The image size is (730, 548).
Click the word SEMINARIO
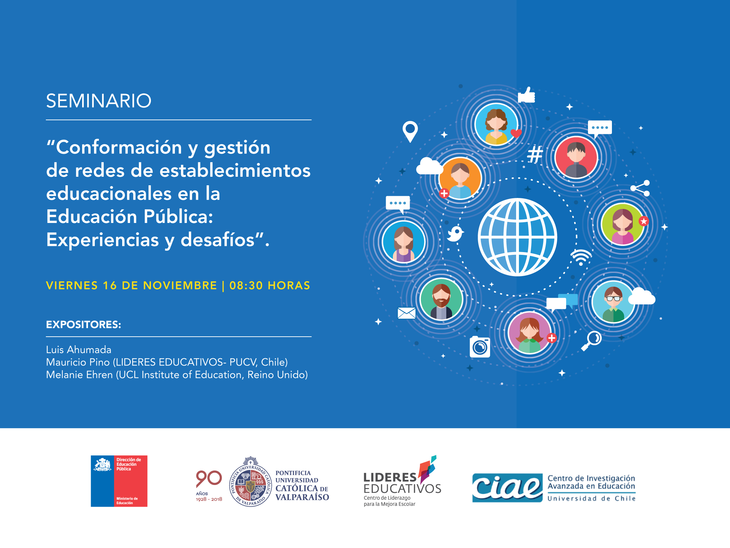[99, 101]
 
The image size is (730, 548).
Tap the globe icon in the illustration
[517, 237]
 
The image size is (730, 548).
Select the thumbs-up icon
[526, 95]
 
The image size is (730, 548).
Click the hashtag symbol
[535, 154]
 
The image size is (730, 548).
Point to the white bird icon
[456, 234]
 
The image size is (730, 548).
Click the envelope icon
[407, 313]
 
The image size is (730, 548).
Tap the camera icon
[480, 347]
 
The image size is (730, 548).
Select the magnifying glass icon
[591, 341]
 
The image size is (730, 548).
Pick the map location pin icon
[410, 132]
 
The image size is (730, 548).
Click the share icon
[640, 188]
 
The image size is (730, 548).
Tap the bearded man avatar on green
[441, 299]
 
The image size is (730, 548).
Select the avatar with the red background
[576, 158]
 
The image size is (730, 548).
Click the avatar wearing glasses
[613, 302]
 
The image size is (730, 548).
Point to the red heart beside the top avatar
[516, 133]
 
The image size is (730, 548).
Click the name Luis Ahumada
[79, 350]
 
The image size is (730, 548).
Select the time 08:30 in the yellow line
[246, 285]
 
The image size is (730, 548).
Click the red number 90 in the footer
[209, 479]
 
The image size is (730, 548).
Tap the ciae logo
[507, 488]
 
